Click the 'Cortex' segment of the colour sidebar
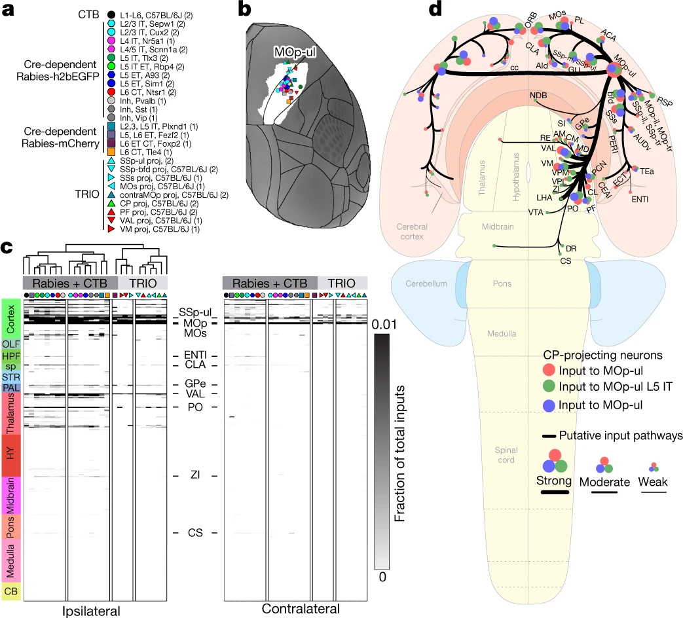(10, 317)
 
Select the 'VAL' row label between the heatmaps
(194, 393)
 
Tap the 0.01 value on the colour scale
(386, 324)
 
